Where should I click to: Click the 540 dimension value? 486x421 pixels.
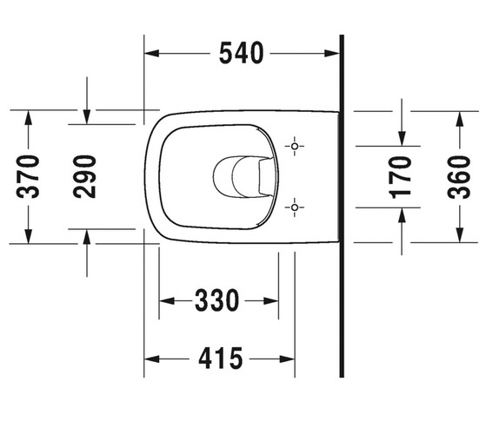[241, 53]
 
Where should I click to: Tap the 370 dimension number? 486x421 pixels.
[28, 177]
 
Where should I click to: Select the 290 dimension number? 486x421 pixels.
[84, 177]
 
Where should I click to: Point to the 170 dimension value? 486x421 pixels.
[402, 177]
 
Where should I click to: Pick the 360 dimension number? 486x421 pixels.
[459, 177]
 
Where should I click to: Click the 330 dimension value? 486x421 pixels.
[217, 300]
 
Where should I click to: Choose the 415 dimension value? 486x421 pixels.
[220, 359]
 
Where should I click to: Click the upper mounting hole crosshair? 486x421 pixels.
[295, 146]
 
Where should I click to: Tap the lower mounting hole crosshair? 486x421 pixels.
[295, 207]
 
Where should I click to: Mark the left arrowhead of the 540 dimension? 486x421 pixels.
[152, 53]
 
